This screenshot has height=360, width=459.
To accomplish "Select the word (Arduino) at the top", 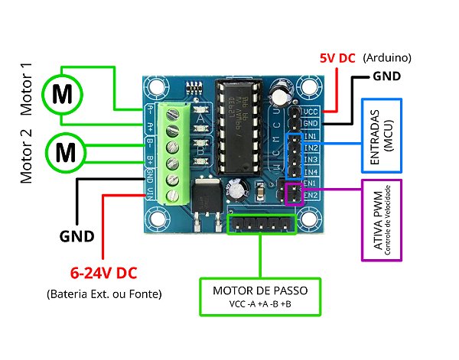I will (387, 58).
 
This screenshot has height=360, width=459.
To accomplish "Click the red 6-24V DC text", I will (104, 272).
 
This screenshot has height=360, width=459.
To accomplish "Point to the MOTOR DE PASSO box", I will (259, 297).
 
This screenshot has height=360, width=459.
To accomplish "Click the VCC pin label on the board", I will (310, 111).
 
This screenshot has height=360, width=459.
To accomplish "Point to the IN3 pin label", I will (311, 160).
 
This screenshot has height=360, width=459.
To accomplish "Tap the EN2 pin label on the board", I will (310, 196).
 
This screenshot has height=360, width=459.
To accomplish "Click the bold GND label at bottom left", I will (77, 236).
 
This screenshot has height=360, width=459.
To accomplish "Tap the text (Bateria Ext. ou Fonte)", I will (105, 294).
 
